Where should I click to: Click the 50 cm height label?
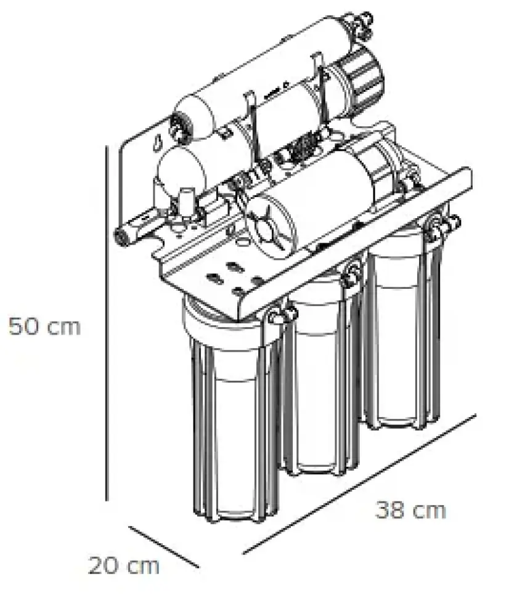44,326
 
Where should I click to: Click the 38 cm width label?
410,510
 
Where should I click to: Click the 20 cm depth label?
124,566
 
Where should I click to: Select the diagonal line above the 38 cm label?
359,484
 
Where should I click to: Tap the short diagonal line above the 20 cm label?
164,546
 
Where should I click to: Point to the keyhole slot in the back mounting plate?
158,142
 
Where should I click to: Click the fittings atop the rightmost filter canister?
442,227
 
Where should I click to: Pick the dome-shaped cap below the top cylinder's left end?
180,170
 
